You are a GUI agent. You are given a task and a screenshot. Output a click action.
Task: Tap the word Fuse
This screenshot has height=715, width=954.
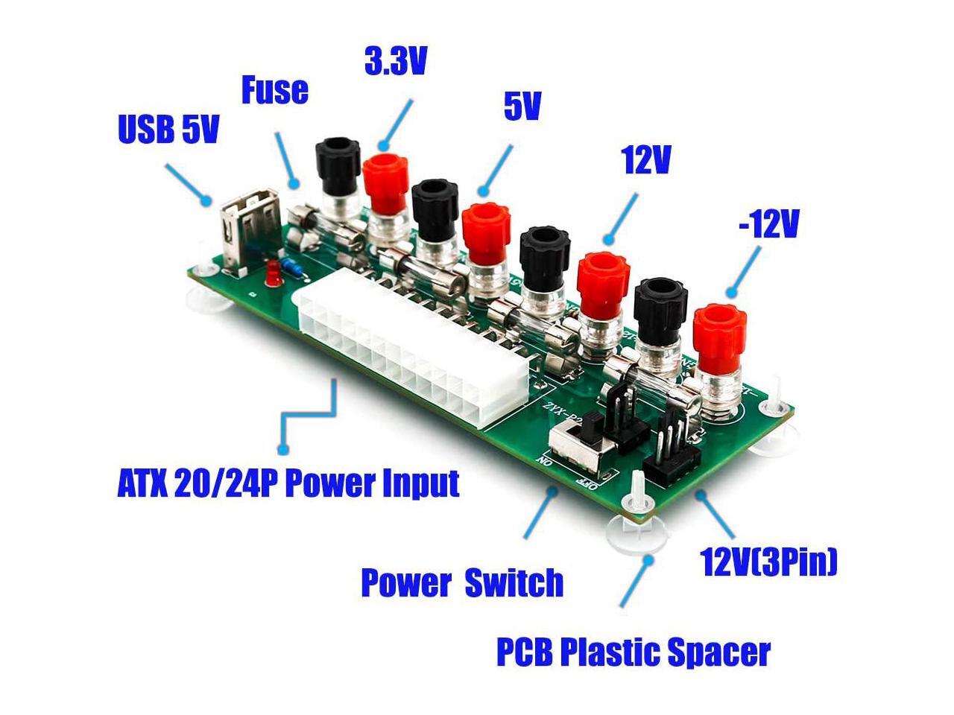coord(275,90)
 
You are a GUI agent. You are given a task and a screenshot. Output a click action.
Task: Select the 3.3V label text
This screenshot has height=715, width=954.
coord(396,62)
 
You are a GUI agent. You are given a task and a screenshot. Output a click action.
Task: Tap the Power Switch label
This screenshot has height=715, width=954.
coord(462,582)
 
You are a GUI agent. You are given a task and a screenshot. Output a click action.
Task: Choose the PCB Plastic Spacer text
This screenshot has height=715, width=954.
coord(634,652)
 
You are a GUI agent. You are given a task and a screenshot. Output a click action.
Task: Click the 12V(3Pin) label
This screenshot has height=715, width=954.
coord(769,562)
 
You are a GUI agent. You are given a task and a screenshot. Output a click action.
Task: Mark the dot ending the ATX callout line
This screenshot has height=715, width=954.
coord(282,449)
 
